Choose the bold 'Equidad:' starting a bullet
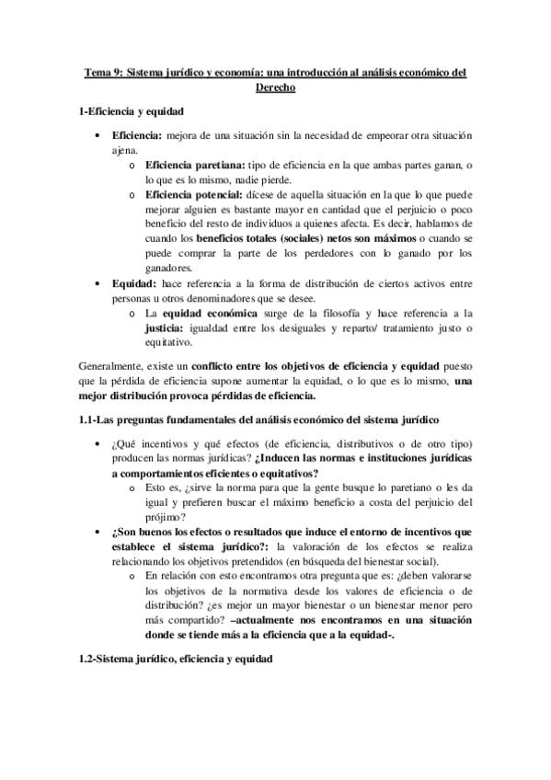point(132,284)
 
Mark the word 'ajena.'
point(125,149)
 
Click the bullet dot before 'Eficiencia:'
point(99,134)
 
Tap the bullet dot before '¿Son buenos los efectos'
point(99,533)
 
